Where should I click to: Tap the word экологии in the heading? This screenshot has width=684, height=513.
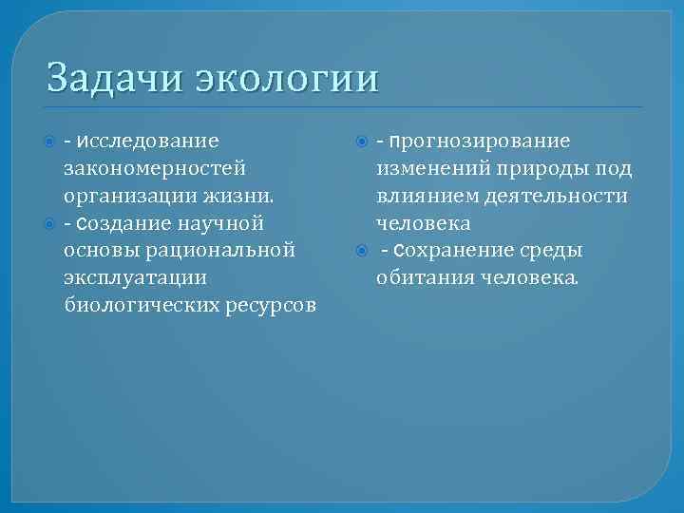tap(287, 77)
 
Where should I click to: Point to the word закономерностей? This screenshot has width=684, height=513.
tap(154, 168)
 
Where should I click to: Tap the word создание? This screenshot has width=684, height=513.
tap(122, 223)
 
